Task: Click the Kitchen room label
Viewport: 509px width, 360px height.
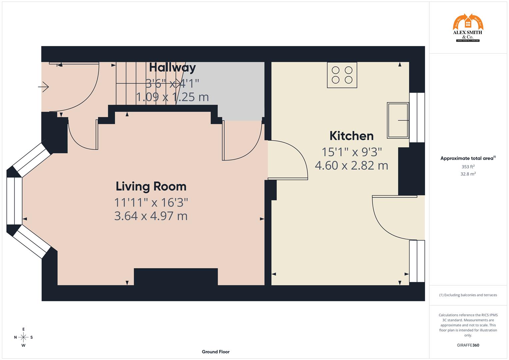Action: (351, 136)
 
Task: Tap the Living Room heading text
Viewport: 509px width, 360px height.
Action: (151, 186)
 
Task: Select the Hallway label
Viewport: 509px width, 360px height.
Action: (172, 68)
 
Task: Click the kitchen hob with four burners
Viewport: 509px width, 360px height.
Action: (342, 75)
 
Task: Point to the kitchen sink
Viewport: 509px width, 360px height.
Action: (398, 120)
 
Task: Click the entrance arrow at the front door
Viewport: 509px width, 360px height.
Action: (44, 87)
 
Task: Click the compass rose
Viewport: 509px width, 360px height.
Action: (23, 337)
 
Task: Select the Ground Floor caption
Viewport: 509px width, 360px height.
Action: (215, 352)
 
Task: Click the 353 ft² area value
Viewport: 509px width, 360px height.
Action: (468, 167)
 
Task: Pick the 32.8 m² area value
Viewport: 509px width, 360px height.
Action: (468, 174)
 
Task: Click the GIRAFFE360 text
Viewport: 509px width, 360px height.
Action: (468, 345)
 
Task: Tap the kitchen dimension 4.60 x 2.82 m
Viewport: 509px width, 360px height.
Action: (351, 165)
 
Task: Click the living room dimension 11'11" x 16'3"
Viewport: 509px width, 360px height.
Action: (151, 202)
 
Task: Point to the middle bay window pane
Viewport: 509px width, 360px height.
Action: (14, 201)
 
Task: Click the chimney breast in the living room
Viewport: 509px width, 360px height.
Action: (176, 277)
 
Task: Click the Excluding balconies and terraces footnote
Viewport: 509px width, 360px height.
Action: (468, 295)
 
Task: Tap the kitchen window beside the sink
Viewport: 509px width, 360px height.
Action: (417, 117)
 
